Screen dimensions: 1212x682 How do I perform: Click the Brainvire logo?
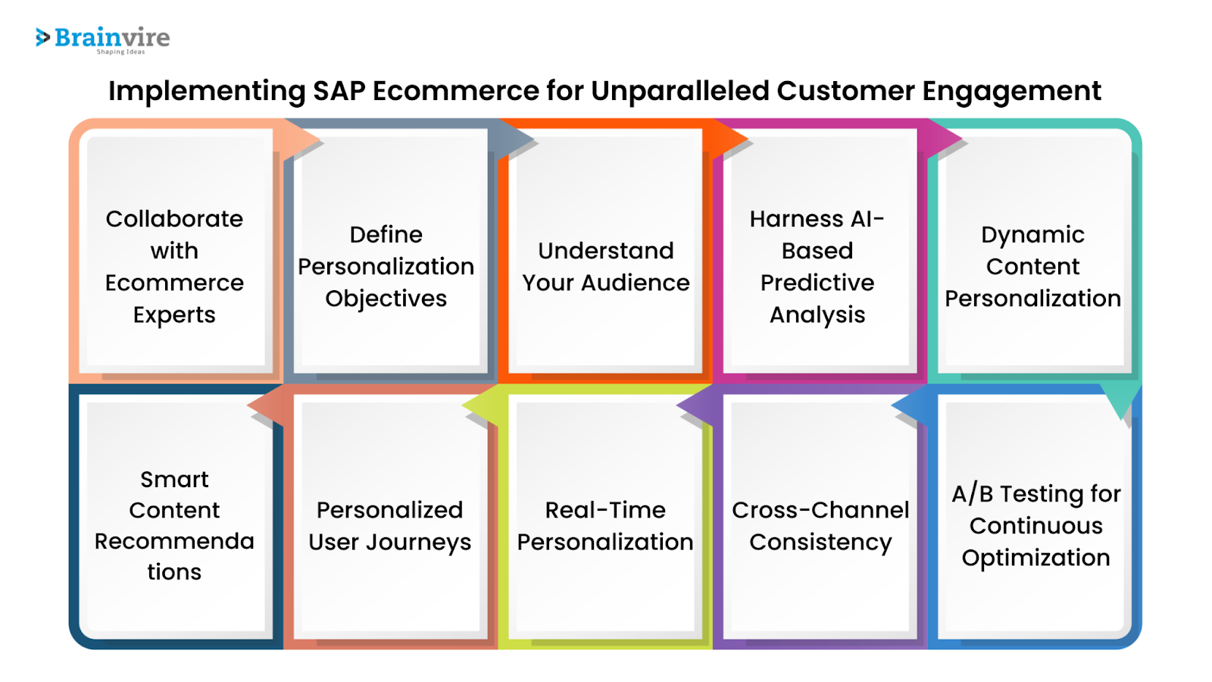coord(103,40)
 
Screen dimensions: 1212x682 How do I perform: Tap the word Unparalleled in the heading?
coord(679,90)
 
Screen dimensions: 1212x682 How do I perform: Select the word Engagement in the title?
coord(1011,92)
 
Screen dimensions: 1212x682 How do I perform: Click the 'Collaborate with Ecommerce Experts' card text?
coord(174,266)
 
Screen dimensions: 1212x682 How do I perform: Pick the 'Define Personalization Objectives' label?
coord(386,266)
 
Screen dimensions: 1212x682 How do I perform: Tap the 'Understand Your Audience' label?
coord(605,266)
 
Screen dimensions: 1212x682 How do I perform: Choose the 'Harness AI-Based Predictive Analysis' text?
coord(817,266)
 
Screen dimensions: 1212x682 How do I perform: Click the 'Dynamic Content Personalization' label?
coord(1032,266)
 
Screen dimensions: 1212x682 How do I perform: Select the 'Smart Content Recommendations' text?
coord(174,525)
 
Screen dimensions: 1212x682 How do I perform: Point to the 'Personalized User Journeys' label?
coord(389,525)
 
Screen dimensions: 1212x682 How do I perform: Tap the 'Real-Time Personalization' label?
coord(605,525)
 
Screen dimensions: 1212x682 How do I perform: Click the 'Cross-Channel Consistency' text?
coord(820,525)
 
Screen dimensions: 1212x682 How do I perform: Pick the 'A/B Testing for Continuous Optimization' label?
coord(1036,525)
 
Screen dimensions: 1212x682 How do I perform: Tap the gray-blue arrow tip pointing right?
coord(533,139)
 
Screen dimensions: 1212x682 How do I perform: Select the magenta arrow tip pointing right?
coord(962,139)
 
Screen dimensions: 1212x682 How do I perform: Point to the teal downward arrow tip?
coord(1120,419)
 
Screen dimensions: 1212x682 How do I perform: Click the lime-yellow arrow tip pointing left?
coord(463,405)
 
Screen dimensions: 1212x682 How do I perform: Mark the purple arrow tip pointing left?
coord(677,405)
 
